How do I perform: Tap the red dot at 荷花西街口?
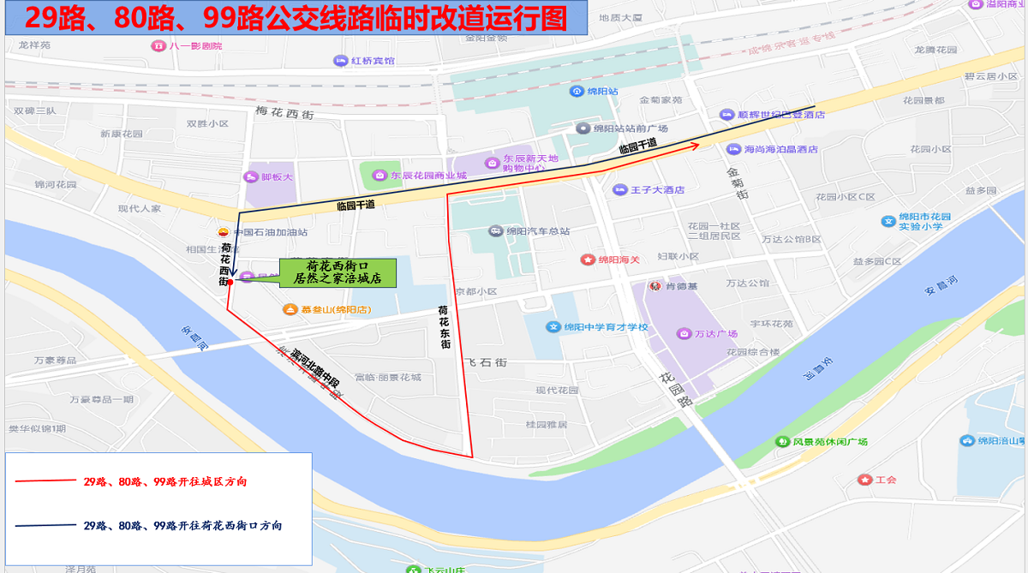[x=230, y=282]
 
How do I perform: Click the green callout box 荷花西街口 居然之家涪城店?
[x=337, y=272]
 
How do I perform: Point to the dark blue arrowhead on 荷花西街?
[x=233, y=272]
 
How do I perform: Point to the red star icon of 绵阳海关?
[x=588, y=259]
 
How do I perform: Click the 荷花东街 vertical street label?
[x=444, y=326]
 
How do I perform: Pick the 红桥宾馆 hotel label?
[x=372, y=61]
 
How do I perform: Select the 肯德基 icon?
[x=654, y=286]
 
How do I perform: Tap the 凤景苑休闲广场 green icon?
[x=781, y=441]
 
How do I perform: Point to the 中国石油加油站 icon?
[x=224, y=232]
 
